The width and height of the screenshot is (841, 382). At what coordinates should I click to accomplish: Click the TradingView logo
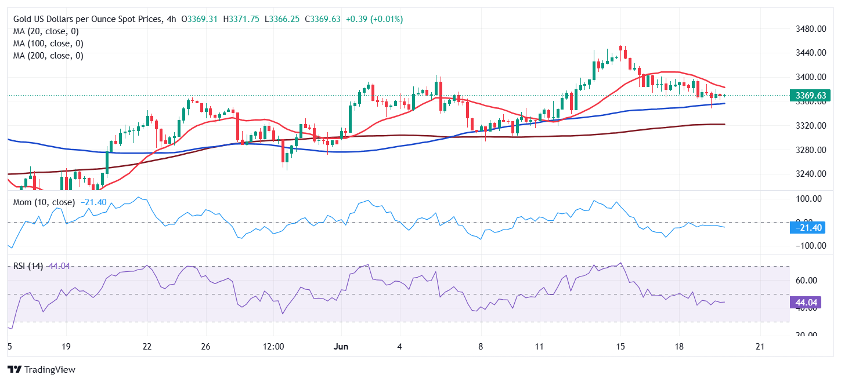click(x=41, y=369)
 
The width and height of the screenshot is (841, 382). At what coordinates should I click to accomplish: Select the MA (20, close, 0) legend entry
click(x=46, y=31)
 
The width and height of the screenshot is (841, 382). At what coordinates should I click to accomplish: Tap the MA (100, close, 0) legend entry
click(x=48, y=43)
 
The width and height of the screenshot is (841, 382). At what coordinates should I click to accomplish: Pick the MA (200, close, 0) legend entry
click(x=48, y=56)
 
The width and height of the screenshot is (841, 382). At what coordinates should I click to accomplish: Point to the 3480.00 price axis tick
click(x=810, y=28)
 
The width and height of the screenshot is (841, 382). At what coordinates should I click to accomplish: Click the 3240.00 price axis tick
click(x=810, y=174)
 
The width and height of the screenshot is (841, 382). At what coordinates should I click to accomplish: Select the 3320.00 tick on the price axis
click(x=810, y=125)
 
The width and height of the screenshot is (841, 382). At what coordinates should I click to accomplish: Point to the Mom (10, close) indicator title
click(x=44, y=202)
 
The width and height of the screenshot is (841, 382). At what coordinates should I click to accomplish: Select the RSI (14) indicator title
click(x=28, y=266)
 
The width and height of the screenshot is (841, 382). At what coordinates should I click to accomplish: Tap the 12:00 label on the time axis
click(x=273, y=346)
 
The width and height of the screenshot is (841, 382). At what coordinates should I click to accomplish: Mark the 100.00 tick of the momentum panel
click(x=809, y=199)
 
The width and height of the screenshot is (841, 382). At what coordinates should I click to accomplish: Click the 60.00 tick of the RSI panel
click(x=807, y=281)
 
